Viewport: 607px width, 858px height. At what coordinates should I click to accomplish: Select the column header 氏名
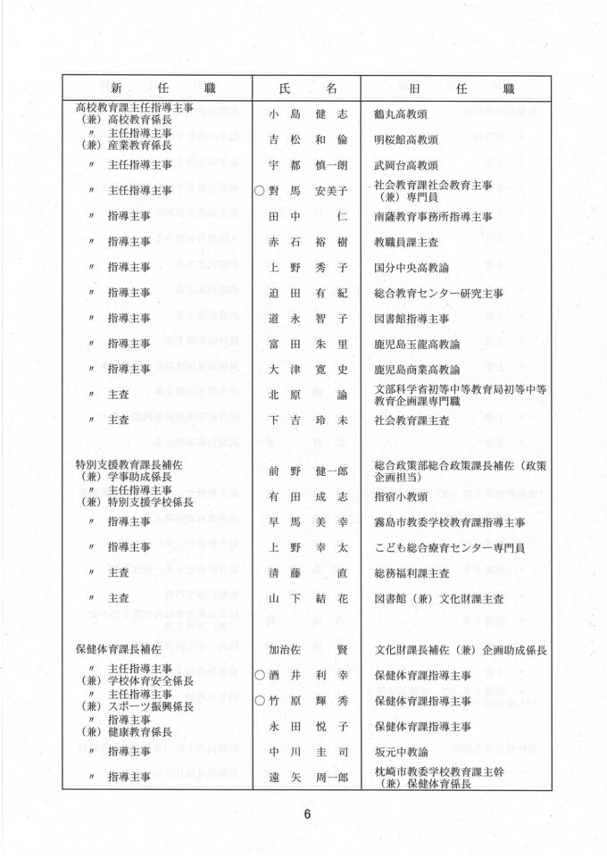307,88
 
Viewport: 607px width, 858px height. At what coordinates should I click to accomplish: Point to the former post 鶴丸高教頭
406,114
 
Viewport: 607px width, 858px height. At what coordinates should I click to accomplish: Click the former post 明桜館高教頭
406,140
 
